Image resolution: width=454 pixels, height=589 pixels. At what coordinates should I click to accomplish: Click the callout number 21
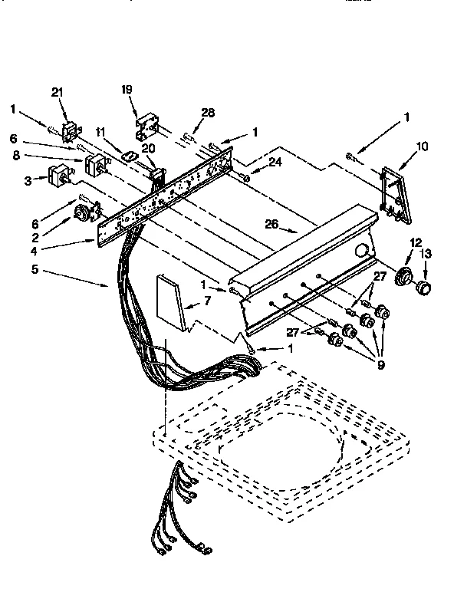coord(56,92)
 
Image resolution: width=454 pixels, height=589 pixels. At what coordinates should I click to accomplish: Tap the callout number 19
coord(127,89)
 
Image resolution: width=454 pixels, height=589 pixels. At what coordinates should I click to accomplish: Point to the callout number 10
coord(422,146)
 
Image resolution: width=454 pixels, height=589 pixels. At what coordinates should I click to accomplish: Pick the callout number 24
coord(275,162)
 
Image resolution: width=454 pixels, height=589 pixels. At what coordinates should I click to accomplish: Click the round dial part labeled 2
coord(81,214)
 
